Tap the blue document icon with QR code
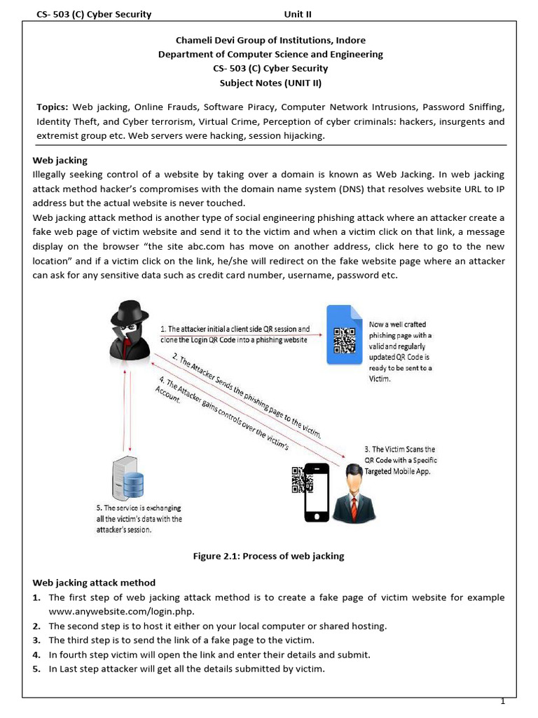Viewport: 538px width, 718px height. click(x=344, y=335)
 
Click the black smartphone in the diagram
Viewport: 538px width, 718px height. click(x=315, y=492)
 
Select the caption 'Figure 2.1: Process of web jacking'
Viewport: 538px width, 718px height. click(x=269, y=556)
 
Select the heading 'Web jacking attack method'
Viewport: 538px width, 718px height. click(x=94, y=583)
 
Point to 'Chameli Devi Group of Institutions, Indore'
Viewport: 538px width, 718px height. click(x=270, y=40)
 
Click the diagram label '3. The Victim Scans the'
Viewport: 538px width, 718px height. click(x=400, y=449)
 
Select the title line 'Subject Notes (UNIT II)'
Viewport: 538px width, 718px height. click(x=270, y=83)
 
